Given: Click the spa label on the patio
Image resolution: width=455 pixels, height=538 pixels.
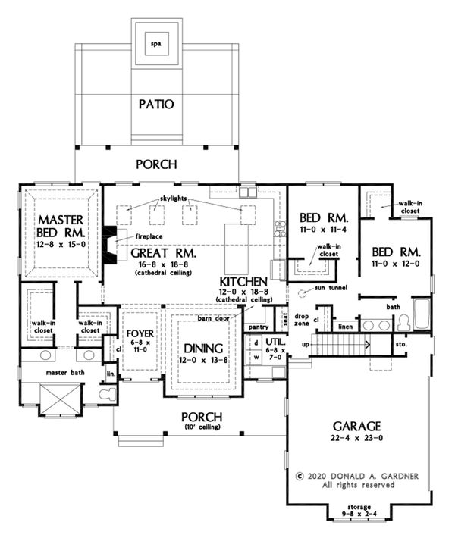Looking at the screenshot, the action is point(156,44).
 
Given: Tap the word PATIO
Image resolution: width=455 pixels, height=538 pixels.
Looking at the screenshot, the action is point(156,105).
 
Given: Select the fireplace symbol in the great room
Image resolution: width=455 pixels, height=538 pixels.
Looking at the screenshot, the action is point(110,244).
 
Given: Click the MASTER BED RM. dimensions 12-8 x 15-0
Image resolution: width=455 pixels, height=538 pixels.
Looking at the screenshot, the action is point(61,244).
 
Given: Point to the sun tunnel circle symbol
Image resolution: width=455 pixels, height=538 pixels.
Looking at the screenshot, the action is point(302,293).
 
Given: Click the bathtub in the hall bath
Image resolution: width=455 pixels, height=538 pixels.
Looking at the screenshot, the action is point(422,314).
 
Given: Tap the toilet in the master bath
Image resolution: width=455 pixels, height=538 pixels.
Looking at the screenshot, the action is point(108,393).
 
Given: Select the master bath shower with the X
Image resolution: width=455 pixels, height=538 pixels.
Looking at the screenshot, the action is point(61,400).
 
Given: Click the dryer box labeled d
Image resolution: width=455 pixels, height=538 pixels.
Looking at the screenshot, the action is point(256,343).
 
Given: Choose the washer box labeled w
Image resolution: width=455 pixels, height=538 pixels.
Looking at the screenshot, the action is point(256,357).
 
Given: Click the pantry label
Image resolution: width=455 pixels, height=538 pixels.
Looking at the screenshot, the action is point(259,327).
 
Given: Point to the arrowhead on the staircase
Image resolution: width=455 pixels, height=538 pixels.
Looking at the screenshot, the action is point(368,344).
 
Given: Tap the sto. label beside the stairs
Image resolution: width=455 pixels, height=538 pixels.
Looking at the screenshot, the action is point(400,344).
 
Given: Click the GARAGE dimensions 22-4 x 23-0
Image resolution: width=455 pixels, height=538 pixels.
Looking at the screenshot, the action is point(356,438).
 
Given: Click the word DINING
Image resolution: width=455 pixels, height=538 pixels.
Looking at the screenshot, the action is point(203,349).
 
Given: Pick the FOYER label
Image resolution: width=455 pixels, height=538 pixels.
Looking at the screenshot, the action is point(140,333).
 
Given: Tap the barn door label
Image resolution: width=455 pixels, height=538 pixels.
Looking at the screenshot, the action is point(213,318).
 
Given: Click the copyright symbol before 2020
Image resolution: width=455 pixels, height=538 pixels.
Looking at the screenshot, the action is point(300,476).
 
